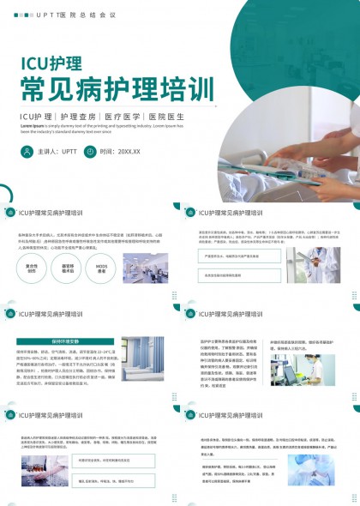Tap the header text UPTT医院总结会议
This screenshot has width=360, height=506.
(x=65, y=15)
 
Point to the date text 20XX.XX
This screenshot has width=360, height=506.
(x=129, y=152)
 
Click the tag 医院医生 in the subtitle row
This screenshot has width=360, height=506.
(x=165, y=116)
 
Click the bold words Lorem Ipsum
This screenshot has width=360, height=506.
(x=33, y=125)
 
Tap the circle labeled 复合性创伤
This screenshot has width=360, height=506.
(x=32, y=268)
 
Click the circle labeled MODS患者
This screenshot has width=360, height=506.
(x=101, y=268)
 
